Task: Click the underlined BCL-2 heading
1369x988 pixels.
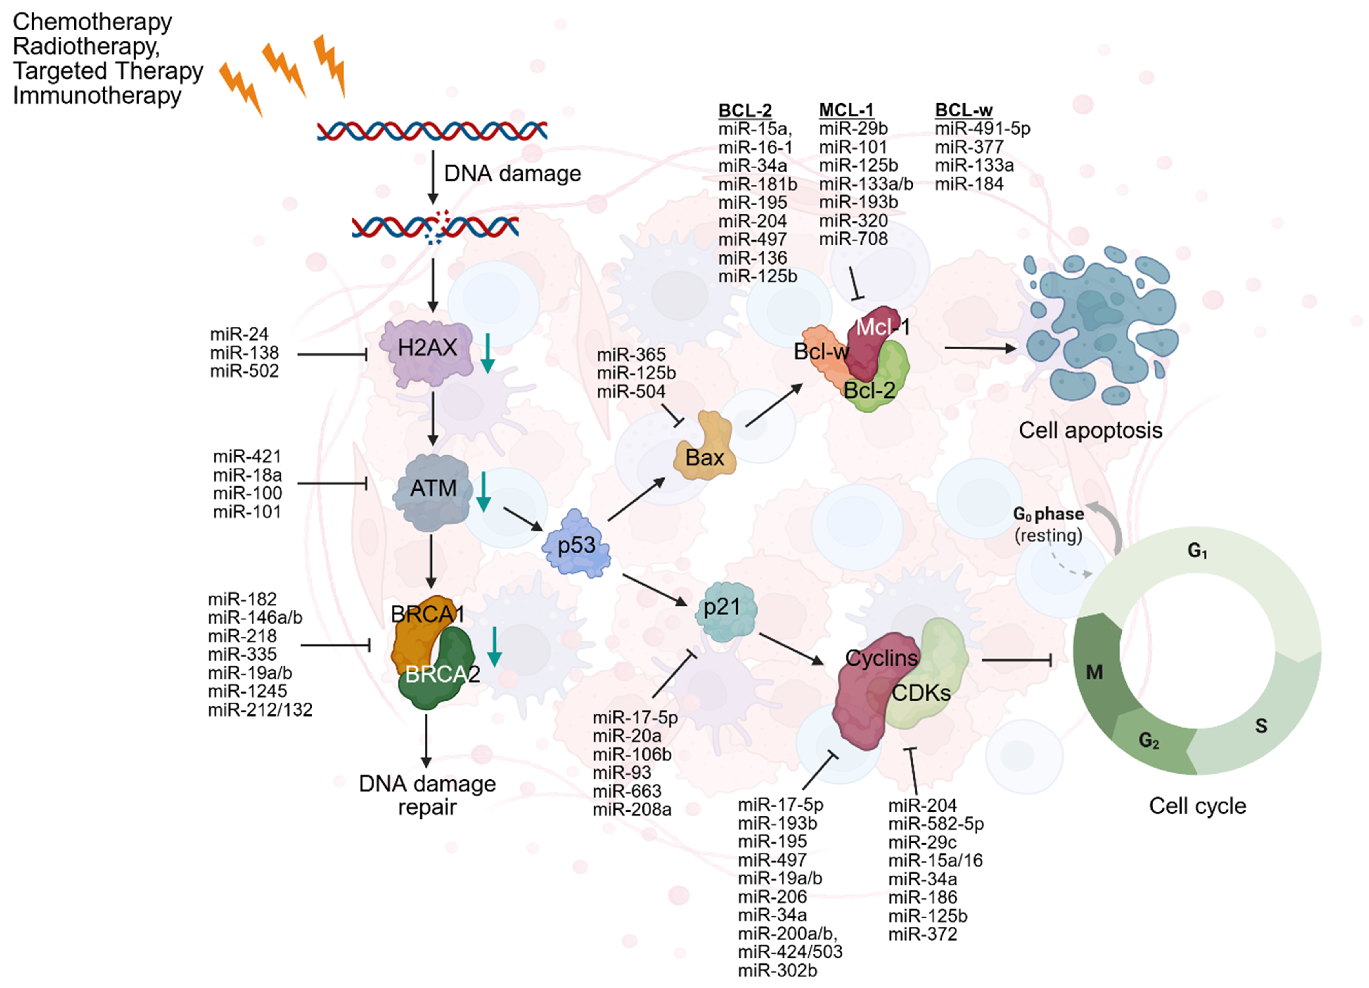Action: (744, 110)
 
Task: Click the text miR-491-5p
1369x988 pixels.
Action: (982, 129)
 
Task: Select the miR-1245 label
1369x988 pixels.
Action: (247, 691)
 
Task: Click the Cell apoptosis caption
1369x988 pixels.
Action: (1090, 430)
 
